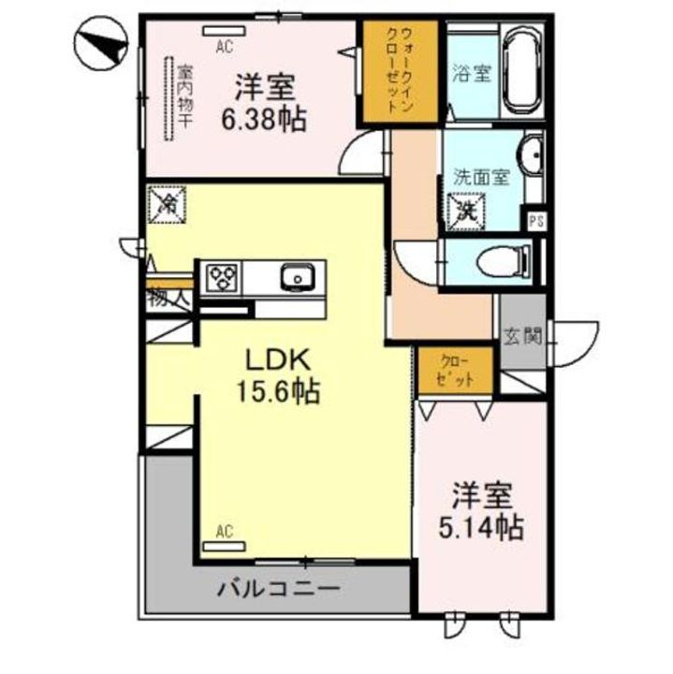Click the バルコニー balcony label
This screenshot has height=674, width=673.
tap(277, 590)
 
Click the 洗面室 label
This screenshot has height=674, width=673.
tap(480, 176)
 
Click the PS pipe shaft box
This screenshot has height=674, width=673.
tap(534, 221)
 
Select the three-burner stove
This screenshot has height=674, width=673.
tap(222, 276)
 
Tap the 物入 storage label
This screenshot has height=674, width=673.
tap(168, 299)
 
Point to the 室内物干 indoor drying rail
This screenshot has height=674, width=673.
tap(172, 98)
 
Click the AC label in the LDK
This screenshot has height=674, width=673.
tap(224, 533)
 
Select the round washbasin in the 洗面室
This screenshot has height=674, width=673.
tap(531, 155)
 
